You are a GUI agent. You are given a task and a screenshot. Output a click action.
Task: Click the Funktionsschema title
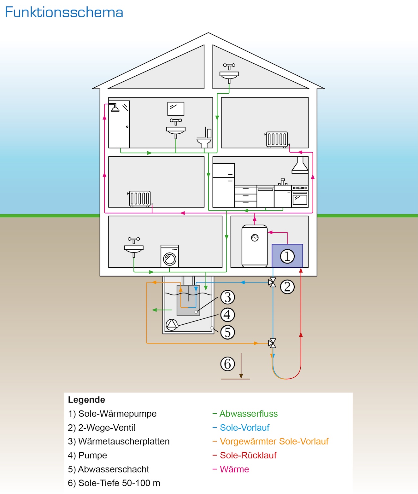64,12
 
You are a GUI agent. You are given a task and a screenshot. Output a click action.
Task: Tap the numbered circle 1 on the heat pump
287,256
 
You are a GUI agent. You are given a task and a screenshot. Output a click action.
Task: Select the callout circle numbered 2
287,287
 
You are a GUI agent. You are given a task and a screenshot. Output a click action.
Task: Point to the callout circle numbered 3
227,297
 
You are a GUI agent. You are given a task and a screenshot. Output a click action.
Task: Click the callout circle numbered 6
227,364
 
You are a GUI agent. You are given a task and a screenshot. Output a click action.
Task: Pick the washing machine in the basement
169,256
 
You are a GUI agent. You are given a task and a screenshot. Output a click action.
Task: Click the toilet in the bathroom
204,138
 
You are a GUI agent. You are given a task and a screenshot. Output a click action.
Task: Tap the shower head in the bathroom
115,107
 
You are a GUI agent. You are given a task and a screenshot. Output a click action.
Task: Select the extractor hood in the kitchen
300,165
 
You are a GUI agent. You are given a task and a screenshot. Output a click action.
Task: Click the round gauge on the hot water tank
255,238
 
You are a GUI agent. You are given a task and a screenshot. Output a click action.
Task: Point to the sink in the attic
229,73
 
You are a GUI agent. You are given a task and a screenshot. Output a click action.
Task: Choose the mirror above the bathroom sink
176,109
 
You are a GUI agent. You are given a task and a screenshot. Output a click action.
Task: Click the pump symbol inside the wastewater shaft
172,325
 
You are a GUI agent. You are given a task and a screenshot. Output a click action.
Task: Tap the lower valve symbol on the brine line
272,343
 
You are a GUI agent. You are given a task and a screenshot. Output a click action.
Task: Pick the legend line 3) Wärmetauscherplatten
119,441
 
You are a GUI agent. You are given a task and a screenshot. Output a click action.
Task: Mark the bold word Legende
86,400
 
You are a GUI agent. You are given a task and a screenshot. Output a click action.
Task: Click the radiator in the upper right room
277,139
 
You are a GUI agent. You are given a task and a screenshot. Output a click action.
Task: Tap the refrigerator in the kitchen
224,185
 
